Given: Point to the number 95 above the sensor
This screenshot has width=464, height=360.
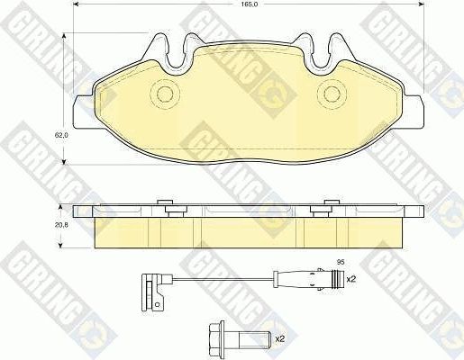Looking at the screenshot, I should pyautogui.click(x=340, y=262).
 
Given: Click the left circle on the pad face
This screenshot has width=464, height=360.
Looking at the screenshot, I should pyautogui.click(x=164, y=93).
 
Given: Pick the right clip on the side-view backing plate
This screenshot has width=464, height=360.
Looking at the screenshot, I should pyautogui.click(x=323, y=209).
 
